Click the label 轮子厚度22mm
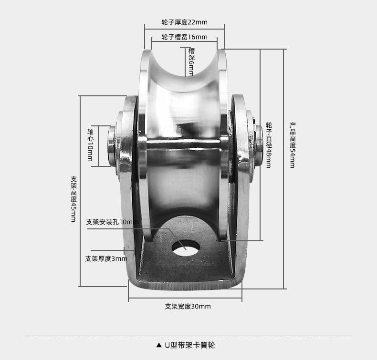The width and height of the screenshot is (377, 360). coord(184,22)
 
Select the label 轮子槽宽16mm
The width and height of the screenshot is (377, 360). coord(184,37)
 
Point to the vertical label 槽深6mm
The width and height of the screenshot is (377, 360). coord(191,62)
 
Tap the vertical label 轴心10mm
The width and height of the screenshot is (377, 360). coord(90,145)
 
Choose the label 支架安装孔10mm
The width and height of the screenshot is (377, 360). coord(112,222)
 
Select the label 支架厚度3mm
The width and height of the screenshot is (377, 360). coord(106,258)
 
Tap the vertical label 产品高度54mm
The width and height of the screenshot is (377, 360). coord(293,145)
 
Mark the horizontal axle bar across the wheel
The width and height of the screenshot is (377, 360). coord(184,144)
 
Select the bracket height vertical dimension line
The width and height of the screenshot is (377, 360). coord(80,191)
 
